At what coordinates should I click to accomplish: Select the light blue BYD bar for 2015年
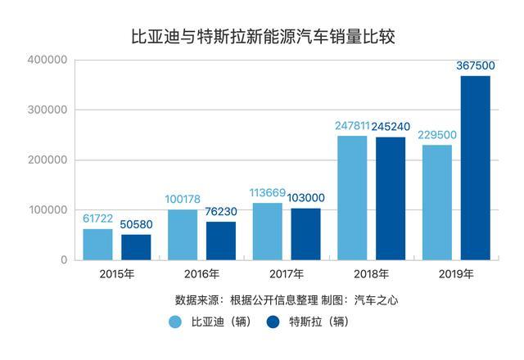[x=98, y=244]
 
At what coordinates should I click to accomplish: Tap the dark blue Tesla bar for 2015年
[x=137, y=247]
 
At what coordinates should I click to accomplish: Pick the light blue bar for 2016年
[x=183, y=234]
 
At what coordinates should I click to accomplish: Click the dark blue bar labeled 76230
[x=221, y=241]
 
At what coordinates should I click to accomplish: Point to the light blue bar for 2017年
[x=268, y=231]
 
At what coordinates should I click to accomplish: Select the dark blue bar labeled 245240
[x=391, y=198]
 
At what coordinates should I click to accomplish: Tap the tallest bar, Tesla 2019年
[x=475, y=168]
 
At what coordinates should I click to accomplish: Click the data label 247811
[x=353, y=126]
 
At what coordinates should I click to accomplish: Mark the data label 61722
[x=98, y=219]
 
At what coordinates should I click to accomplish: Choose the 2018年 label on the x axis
[x=371, y=273]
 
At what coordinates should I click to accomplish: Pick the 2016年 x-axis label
[x=201, y=273]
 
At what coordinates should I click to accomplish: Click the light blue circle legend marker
[x=176, y=322]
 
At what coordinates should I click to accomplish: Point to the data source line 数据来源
[x=287, y=299]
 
